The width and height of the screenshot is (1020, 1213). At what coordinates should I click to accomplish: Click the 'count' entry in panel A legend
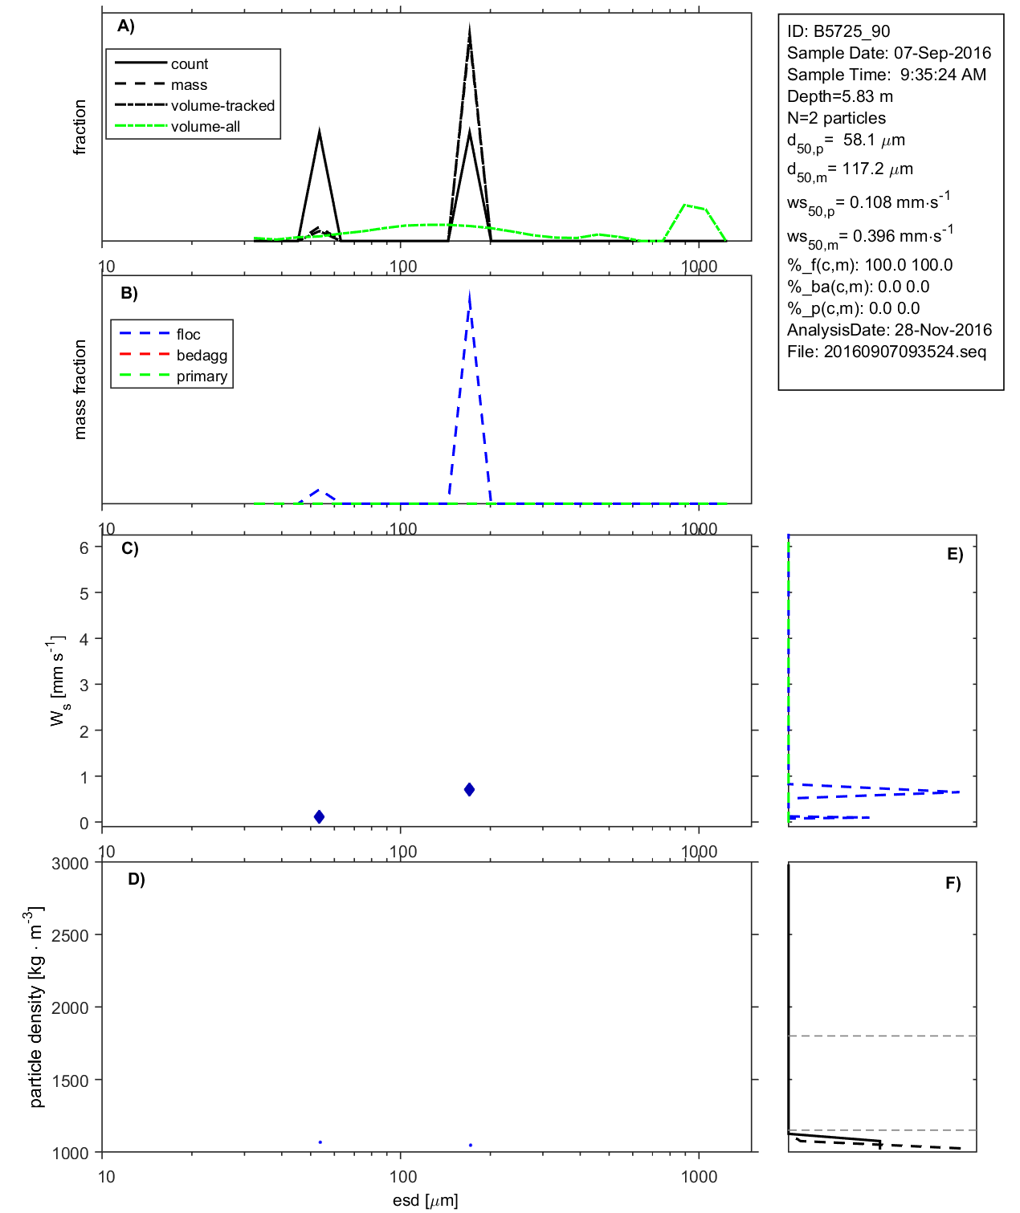(x=189, y=64)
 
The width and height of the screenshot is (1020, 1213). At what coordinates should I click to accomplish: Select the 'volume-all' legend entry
(x=205, y=127)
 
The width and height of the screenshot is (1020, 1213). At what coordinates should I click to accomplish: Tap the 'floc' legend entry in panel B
(x=188, y=335)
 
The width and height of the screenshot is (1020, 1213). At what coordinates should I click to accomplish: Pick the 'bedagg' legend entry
(x=202, y=356)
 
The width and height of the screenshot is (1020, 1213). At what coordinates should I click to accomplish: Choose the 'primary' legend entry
(x=202, y=377)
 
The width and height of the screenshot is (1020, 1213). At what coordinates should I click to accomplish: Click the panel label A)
(x=126, y=26)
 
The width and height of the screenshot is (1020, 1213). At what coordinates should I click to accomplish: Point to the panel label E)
(x=955, y=554)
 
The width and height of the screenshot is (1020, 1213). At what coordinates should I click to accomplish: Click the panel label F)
(x=953, y=883)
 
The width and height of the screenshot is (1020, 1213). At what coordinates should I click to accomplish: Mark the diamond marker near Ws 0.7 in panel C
(x=469, y=790)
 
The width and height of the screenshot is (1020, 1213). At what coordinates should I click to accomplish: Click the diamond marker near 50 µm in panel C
(x=319, y=816)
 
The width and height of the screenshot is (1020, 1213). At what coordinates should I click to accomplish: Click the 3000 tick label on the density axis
(x=70, y=864)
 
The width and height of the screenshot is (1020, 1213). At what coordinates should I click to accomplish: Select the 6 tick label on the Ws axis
(x=84, y=547)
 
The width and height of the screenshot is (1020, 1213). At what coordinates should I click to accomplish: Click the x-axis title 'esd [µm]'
(x=425, y=1200)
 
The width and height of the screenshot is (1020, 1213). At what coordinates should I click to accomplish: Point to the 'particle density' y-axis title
(x=37, y=1007)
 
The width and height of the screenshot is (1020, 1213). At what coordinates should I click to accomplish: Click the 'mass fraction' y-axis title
(x=80, y=389)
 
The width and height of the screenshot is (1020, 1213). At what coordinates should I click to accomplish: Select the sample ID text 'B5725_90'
(x=851, y=31)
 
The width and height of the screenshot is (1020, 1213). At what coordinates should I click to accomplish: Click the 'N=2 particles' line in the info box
(x=836, y=118)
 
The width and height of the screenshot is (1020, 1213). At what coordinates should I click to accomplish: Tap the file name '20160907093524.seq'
(x=904, y=352)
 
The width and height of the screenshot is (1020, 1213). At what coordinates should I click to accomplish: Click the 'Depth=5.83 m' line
(x=839, y=96)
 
